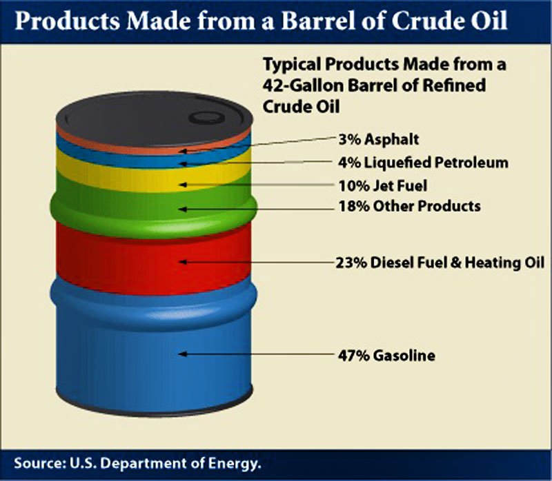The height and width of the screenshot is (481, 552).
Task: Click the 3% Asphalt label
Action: click(x=378, y=140)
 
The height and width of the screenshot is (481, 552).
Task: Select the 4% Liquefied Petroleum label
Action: click(x=423, y=163)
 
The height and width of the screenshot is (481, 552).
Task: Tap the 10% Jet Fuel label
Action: click(x=383, y=185)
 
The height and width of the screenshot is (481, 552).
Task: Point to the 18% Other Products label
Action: click(x=409, y=206)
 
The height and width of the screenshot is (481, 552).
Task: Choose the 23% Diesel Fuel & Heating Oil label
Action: click(x=440, y=263)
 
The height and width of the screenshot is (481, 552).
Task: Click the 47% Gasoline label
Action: click(x=386, y=356)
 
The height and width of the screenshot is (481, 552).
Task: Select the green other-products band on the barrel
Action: click(x=154, y=207)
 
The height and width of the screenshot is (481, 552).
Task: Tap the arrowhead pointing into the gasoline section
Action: click(x=182, y=354)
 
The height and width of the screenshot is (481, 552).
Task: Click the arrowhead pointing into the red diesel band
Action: click(x=182, y=262)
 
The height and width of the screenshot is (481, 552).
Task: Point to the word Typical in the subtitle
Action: click(x=292, y=65)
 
